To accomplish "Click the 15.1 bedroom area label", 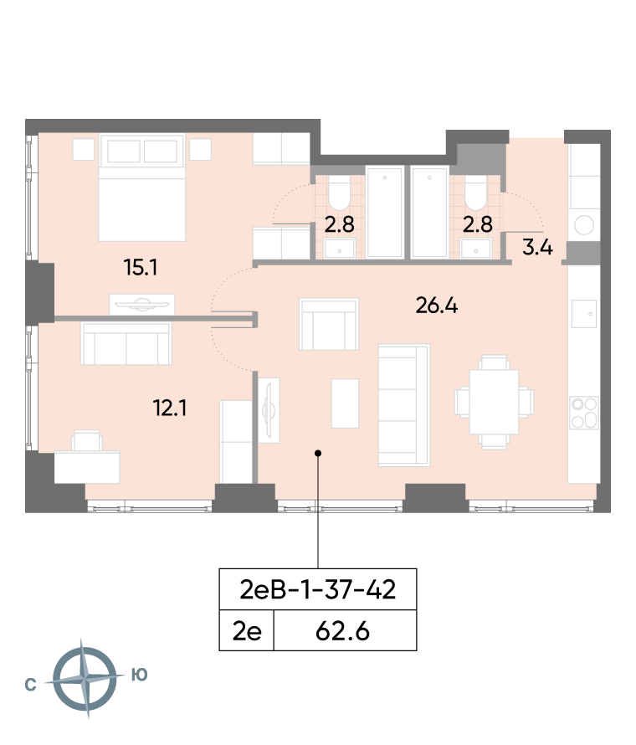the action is (x=141, y=268).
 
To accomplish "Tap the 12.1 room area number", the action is (x=170, y=408).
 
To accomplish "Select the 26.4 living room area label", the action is (x=437, y=306).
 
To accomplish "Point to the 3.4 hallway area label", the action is (x=537, y=248).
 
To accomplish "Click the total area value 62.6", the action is (x=342, y=631).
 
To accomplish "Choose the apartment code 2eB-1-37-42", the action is (x=318, y=589).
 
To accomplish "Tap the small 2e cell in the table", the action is (x=247, y=631).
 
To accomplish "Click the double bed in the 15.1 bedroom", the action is (x=141, y=188).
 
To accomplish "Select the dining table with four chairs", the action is (x=494, y=402).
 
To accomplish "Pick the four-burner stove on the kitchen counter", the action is (x=584, y=413).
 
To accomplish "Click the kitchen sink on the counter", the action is (x=584, y=314).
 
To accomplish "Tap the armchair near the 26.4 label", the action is (x=329, y=324).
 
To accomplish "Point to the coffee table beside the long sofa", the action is (x=345, y=403).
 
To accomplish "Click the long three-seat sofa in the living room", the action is (x=404, y=404).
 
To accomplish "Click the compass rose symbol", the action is (x=85, y=679).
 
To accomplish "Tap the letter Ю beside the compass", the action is (x=139, y=675).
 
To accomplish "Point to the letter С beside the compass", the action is (x=30, y=685).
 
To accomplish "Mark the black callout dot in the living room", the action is (x=318, y=453).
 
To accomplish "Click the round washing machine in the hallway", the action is (x=584, y=225).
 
